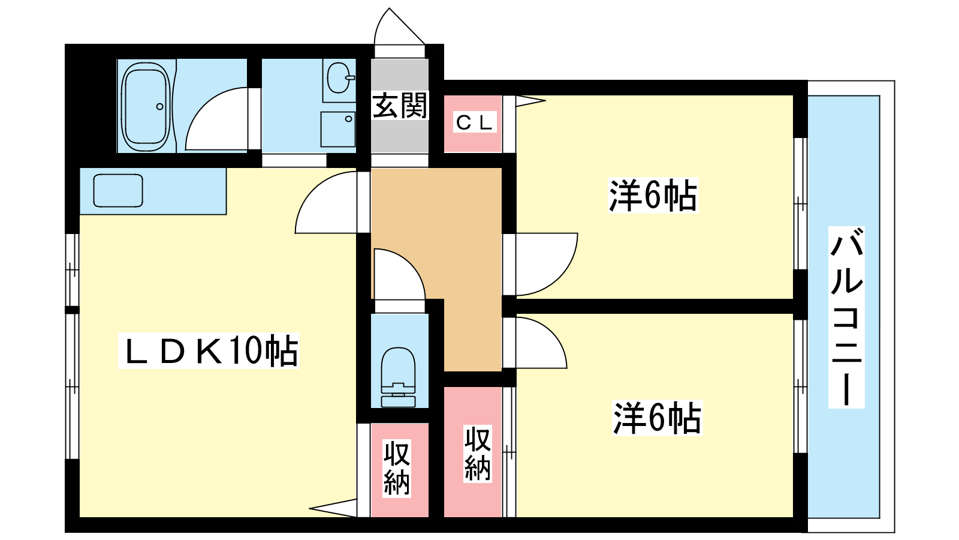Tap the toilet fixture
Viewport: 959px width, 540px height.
click(x=398, y=377)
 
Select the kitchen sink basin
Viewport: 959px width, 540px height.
click(x=118, y=191)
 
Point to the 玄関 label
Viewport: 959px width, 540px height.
click(x=400, y=106)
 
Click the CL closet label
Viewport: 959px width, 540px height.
click(x=475, y=123)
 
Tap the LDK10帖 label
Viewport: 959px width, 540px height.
click(x=210, y=351)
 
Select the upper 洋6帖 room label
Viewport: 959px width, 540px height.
click(x=653, y=196)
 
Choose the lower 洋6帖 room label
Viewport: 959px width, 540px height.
click(x=657, y=418)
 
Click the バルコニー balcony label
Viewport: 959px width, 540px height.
click(x=846, y=317)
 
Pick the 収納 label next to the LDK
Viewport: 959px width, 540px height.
click(x=396, y=467)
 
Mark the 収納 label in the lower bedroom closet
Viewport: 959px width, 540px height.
click(x=477, y=454)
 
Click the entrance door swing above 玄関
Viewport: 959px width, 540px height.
click(x=399, y=26)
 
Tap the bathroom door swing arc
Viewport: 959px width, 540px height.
click(x=216, y=119)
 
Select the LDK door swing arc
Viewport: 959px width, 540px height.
click(x=326, y=202)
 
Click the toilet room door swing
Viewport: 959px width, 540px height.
click(x=399, y=274)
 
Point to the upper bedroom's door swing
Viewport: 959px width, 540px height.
click(x=547, y=265)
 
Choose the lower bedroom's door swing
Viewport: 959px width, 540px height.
click(x=542, y=343)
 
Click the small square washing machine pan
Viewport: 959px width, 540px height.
click(x=338, y=130)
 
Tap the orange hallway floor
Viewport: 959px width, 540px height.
click(x=437, y=257)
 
